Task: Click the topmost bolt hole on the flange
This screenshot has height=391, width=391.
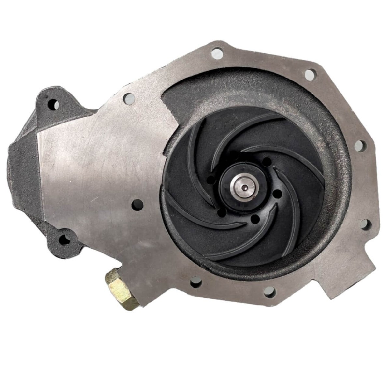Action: [x=216, y=52]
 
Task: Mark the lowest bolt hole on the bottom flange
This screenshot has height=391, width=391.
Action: [x=268, y=291]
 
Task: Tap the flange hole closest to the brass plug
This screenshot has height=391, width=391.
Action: [x=196, y=282]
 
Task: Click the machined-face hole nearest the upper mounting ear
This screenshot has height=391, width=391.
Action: [x=129, y=97]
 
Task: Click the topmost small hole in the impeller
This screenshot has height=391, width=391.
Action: [x=267, y=162]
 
